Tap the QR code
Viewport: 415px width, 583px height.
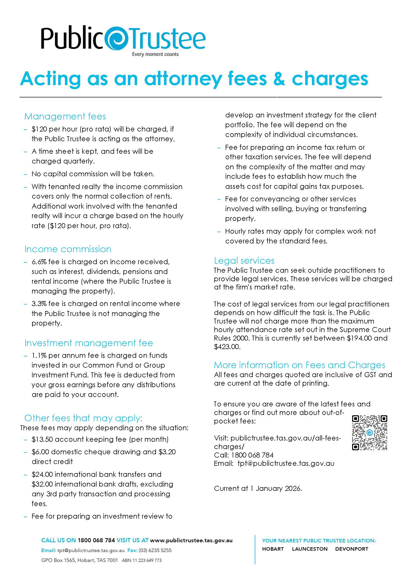370,433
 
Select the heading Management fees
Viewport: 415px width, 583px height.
65,117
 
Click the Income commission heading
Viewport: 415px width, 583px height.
68,249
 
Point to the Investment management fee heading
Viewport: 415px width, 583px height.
89,343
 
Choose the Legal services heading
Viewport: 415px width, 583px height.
244,261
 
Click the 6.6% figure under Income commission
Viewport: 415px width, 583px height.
39,262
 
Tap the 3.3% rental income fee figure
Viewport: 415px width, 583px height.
39,304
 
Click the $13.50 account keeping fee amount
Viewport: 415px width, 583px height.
42,439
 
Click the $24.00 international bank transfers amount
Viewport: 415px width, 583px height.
42,475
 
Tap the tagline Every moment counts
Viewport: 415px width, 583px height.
155,54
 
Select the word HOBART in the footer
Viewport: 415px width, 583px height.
273,549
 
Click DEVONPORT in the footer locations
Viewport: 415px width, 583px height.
352,549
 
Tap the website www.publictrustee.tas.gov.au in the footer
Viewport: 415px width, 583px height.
191,540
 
